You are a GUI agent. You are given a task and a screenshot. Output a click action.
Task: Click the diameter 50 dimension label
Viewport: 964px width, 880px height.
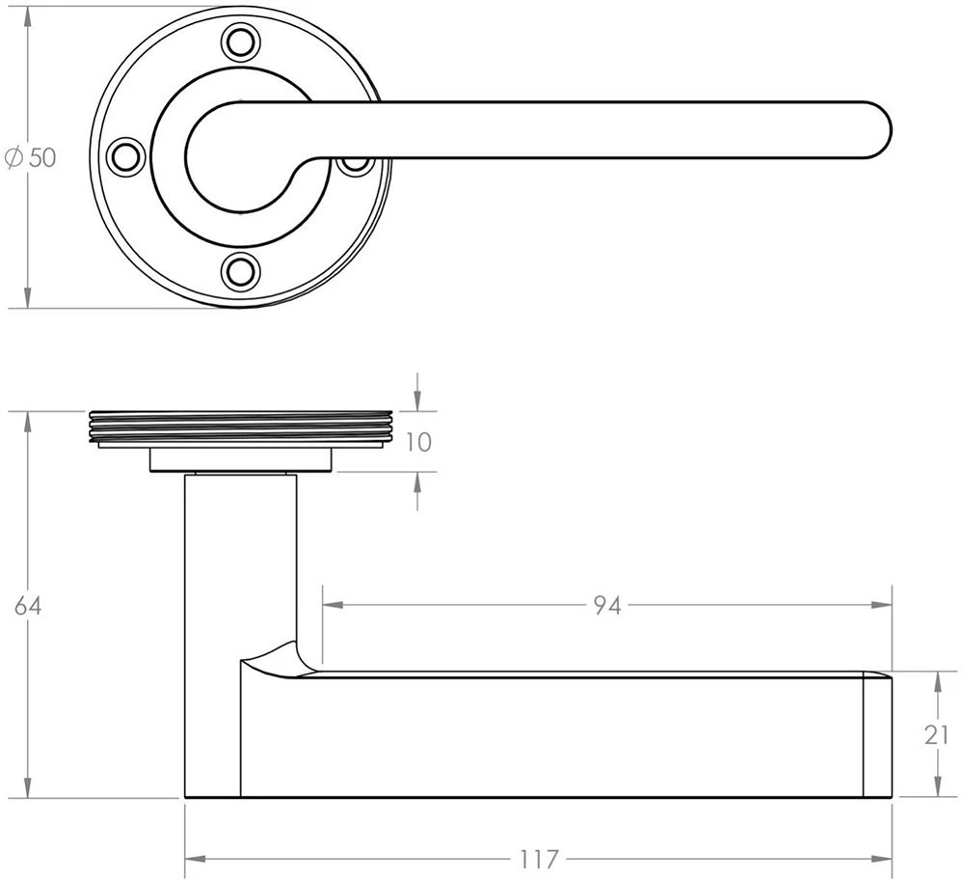click(32, 158)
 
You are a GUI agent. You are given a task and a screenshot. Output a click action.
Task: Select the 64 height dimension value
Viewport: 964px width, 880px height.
click(29, 606)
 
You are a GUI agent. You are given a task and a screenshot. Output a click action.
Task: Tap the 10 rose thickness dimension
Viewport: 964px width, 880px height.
click(417, 443)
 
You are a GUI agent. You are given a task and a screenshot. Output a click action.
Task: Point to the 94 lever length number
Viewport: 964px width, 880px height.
click(606, 606)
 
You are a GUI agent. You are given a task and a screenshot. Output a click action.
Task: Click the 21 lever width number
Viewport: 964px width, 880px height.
click(936, 735)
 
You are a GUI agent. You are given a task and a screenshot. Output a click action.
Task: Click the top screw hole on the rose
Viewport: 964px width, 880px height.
click(241, 41)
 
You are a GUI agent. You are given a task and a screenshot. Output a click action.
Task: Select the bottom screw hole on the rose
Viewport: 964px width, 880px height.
click(241, 271)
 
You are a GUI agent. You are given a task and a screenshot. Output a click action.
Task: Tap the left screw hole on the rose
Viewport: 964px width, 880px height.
click(125, 156)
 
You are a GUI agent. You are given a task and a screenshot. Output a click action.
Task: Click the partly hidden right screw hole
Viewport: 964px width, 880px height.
click(355, 165)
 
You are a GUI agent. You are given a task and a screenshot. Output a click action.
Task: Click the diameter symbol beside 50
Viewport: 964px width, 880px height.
click(13, 158)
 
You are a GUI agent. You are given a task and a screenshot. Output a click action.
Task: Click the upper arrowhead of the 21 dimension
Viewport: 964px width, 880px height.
click(936, 681)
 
